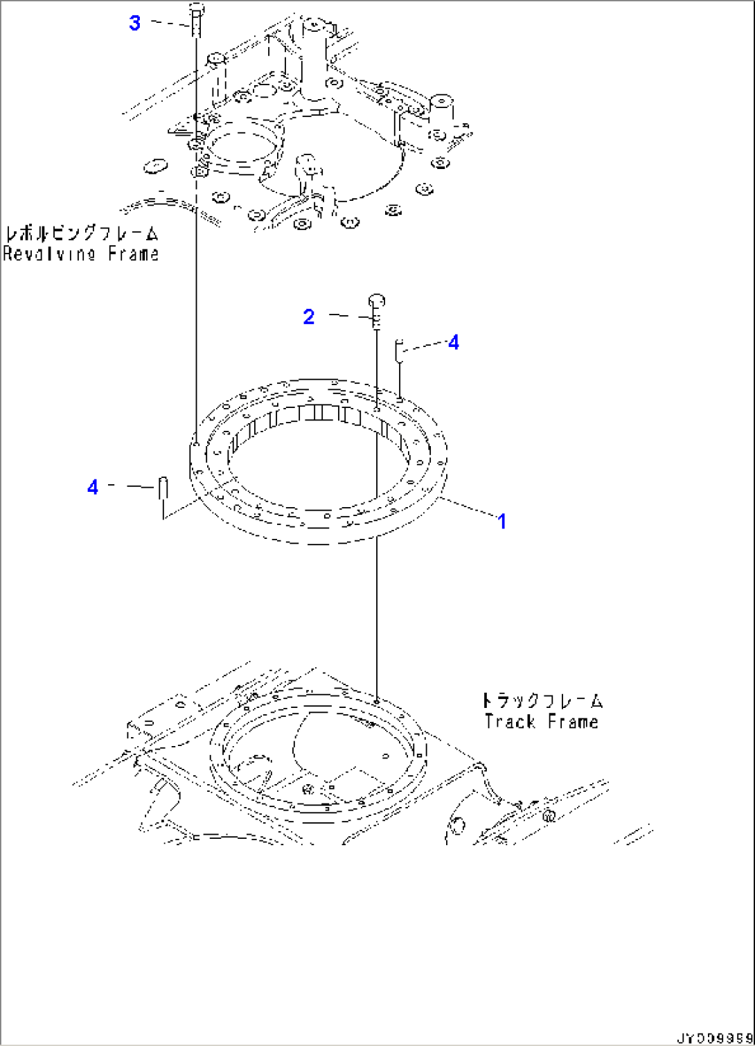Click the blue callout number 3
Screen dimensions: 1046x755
click(x=134, y=23)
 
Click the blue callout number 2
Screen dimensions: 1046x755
click(x=309, y=317)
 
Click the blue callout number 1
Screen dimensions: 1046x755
click(x=502, y=521)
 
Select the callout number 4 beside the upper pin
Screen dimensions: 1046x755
click(x=453, y=342)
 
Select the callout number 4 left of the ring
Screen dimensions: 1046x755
click(x=93, y=487)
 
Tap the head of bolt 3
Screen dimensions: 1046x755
click(x=196, y=10)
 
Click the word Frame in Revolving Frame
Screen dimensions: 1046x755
click(x=133, y=254)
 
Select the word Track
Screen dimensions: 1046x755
click(x=510, y=722)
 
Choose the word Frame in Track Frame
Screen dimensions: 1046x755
click(x=572, y=722)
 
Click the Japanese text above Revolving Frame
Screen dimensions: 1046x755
click(x=81, y=233)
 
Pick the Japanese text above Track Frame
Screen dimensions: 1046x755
click(x=542, y=700)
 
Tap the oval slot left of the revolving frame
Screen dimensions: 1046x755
click(x=156, y=167)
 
